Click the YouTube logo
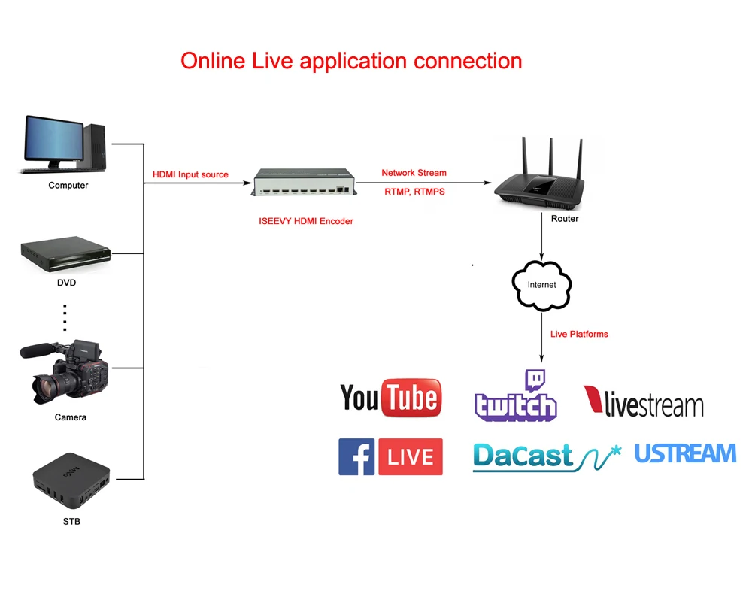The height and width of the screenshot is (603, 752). tap(390, 398)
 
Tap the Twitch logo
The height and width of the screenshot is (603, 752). tap(516, 397)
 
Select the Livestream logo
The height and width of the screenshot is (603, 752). tap(644, 402)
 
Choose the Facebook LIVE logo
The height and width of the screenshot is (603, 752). tap(390, 456)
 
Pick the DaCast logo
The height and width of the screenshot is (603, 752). tap(547, 456)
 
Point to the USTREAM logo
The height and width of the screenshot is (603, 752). tap(685, 453)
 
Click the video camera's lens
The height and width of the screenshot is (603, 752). tap(47, 386)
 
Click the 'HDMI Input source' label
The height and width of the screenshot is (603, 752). tap(190, 174)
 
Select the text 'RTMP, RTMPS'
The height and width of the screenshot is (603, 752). tap(414, 192)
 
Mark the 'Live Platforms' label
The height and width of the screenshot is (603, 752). tap(579, 334)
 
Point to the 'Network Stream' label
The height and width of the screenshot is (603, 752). tap(414, 173)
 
